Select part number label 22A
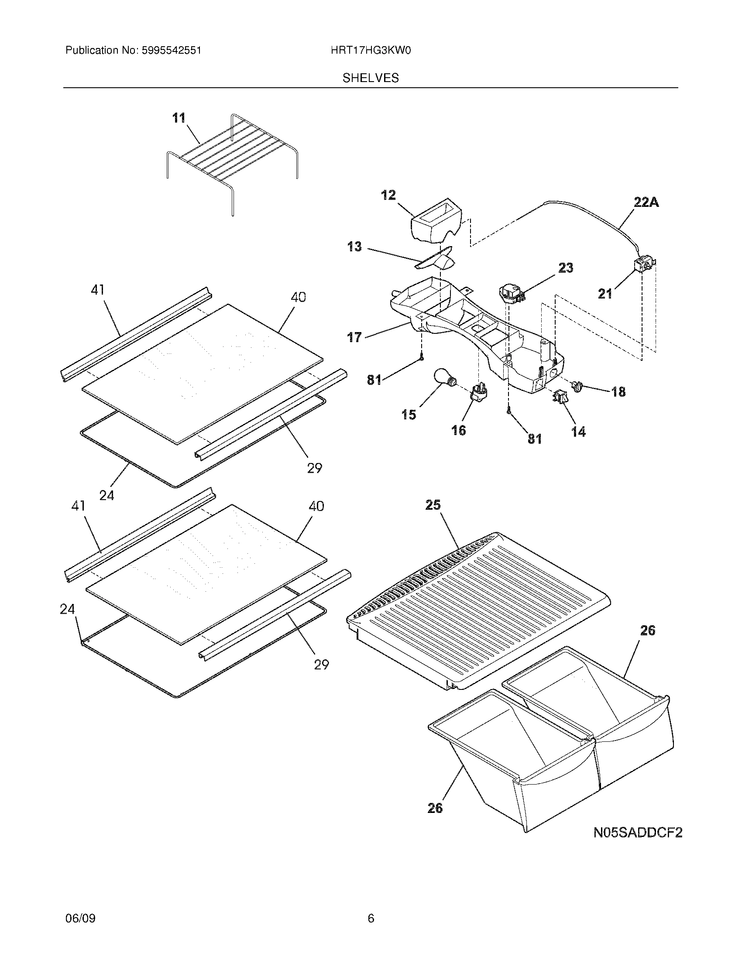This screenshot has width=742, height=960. (646, 202)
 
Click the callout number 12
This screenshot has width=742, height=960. (388, 195)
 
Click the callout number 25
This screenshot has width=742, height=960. (433, 505)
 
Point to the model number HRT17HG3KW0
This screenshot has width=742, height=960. (371, 51)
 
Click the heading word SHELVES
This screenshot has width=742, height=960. (371, 78)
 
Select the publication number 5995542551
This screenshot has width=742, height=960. (171, 51)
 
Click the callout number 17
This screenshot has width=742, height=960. (354, 337)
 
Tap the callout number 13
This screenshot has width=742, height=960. (354, 247)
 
